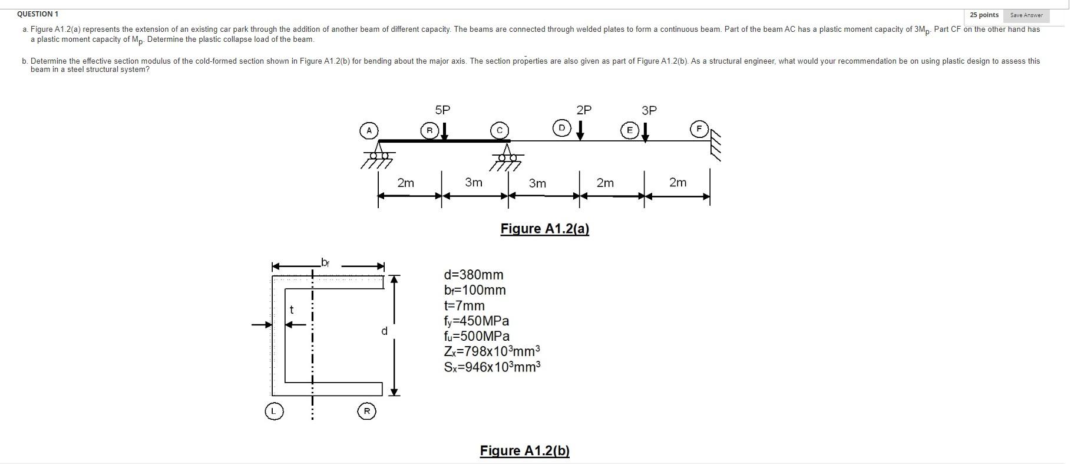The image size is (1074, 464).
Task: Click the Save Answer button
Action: click(x=1026, y=15)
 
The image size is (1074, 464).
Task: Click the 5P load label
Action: click(x=442, y=110)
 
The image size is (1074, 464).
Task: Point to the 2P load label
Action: click(x=584, y=110)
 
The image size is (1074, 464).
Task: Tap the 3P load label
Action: click(x=649, y=110)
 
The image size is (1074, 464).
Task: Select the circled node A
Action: click(x=369, y=130)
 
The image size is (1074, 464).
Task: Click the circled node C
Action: click(x=500, y=130)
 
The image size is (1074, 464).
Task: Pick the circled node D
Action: click(x=561, y=127)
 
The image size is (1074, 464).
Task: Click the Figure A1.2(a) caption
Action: click(x=544, y=229)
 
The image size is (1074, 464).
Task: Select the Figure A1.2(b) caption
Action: click(x=524, y=451)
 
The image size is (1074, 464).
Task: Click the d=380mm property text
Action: click(x=474, y=275)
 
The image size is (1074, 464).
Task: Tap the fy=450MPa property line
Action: click(x=476, y=321)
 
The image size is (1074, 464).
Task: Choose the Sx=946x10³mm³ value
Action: click(x=492, y=367)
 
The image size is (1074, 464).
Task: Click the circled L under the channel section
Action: click(x=273, y=411)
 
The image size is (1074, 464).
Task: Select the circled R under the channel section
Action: click(x=366, y=411)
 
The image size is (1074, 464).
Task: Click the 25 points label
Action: click(x=984, y=15)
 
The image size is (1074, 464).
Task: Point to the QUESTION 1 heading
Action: click(x=38, y=14)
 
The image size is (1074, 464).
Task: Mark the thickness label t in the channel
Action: click(x=291, y=310)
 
